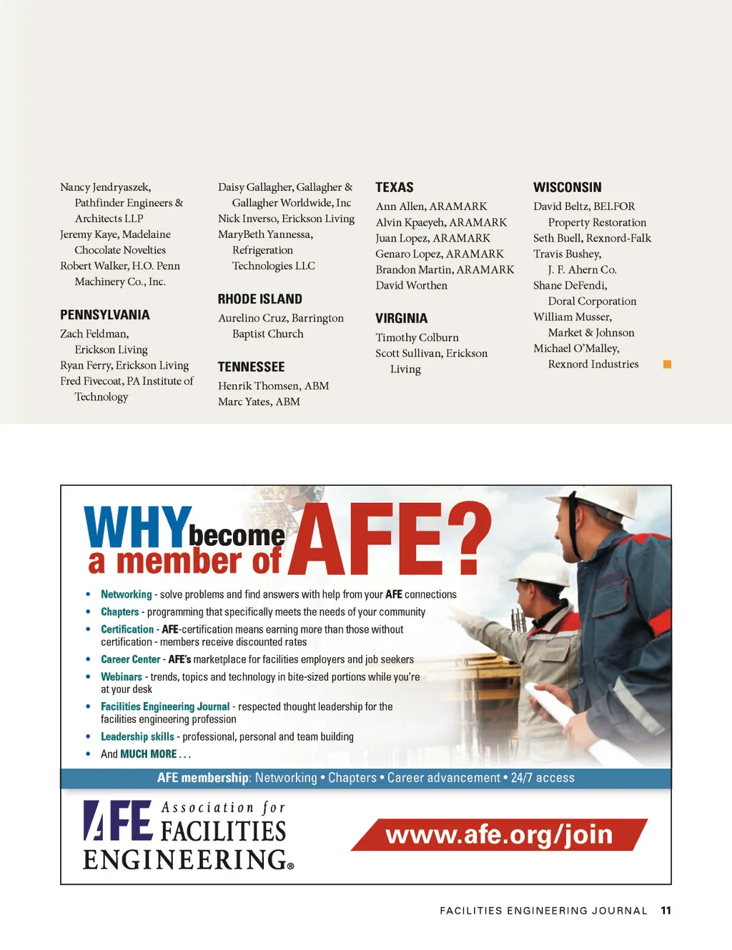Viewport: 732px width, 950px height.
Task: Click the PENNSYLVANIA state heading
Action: tap(105, 315)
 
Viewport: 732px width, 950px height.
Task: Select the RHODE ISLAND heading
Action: tap(260, 299)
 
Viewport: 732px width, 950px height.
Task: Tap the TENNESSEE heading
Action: tap(251, 367)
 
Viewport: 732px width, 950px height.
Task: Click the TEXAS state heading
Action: tap(395, 188)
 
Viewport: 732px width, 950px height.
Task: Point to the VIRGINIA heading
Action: tap(401, 319)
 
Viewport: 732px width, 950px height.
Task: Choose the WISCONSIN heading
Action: tap(568, 188)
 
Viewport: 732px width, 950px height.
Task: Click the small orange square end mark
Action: tap(667, 364)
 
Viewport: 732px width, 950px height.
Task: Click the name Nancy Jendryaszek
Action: tap(105, 187)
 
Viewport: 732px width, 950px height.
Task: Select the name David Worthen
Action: tap(411, 286)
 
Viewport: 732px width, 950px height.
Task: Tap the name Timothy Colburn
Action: tap(417, 338)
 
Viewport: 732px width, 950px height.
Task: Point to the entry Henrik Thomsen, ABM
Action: tap(273, 386)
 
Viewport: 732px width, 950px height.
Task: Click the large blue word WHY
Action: tap(137, 528)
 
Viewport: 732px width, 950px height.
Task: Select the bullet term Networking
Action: tap(126, 594)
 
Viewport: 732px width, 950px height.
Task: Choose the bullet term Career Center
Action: tap(130, 659)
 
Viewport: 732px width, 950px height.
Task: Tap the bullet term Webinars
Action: tap(121, 676)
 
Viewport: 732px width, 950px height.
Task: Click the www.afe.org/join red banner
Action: tap(498, 834)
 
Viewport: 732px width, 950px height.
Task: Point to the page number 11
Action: tap(666, 911)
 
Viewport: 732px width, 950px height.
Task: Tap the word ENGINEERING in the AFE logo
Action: tap(184, 859)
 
